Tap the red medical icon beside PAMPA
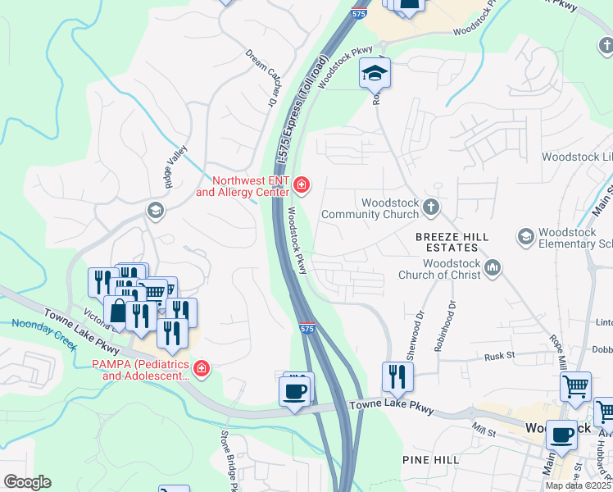point(202,370)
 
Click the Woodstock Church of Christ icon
point(493,266)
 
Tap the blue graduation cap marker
point(375,74)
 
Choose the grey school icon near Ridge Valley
point(154,212)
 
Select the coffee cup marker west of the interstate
point(295,390)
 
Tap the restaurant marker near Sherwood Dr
point(397,376)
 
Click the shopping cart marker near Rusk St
point(575,385)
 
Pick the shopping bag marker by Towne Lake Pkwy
point(119,312)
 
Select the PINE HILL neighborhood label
point(430,460)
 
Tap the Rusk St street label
point(498,356)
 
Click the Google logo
point(27,481)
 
